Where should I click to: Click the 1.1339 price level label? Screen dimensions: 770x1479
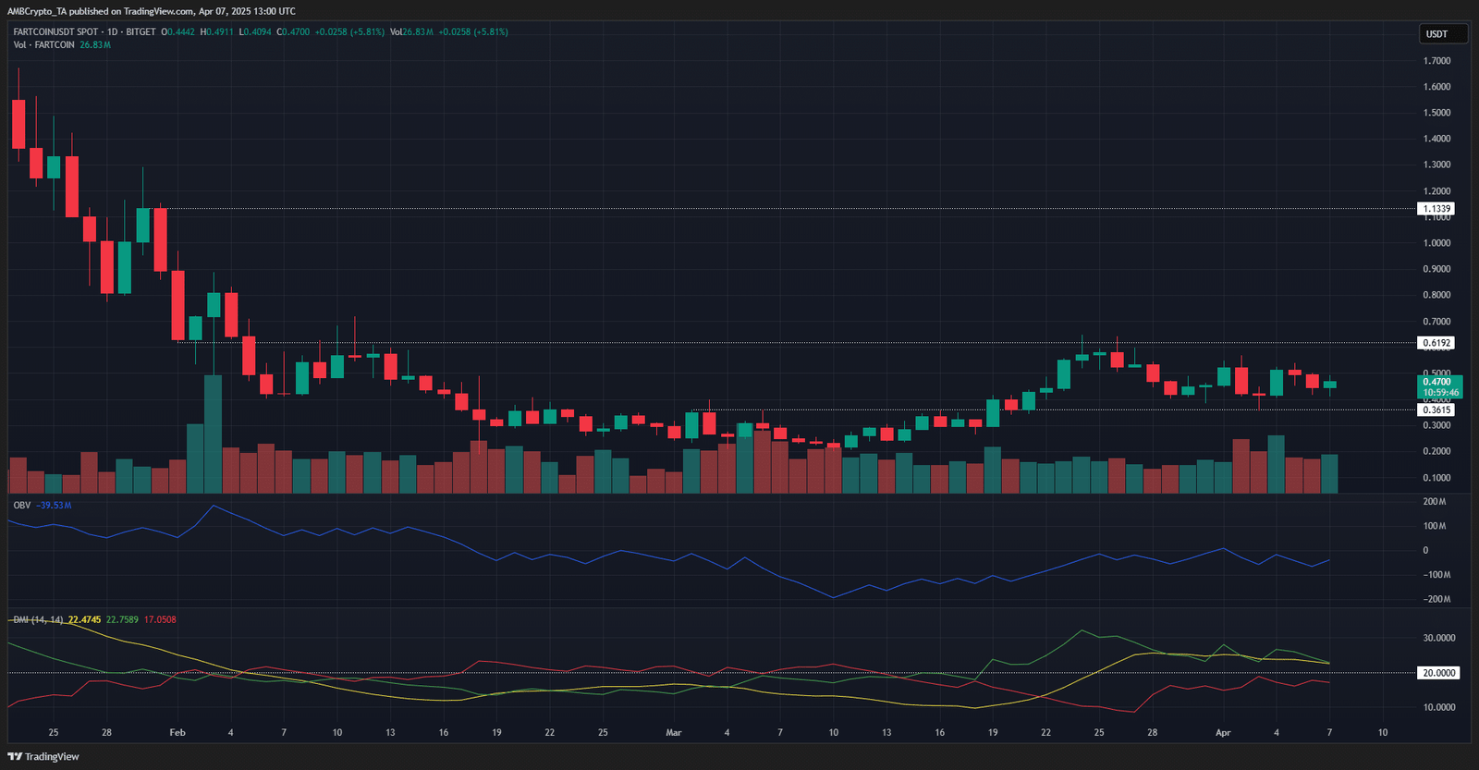(1436, 209)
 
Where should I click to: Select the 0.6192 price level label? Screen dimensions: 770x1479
(1436, 343)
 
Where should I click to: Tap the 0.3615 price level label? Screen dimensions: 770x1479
(1436, 409)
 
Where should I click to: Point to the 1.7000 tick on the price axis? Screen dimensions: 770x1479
(1436, 61)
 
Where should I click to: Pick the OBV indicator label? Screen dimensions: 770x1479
(22, 506)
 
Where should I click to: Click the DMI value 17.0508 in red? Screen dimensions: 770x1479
(160, 619)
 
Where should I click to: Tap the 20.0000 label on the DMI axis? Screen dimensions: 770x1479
(1438, 673)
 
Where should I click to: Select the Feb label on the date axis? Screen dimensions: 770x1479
(177, 732)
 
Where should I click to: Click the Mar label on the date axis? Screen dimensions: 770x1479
(674, 732)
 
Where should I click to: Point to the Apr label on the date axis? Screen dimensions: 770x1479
(1223, 732)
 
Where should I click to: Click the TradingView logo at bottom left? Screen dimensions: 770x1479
(43, 756)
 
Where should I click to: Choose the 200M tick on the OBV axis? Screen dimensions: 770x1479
(1435, 502)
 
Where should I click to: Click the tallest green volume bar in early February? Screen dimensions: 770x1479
(214, 434)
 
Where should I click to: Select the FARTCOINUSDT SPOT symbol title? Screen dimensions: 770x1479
(55, 31)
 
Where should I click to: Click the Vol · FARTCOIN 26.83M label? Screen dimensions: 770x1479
(61, 44)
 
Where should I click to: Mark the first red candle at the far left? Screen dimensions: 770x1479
(18, 124)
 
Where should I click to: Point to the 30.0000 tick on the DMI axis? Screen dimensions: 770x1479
(1438, 638)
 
